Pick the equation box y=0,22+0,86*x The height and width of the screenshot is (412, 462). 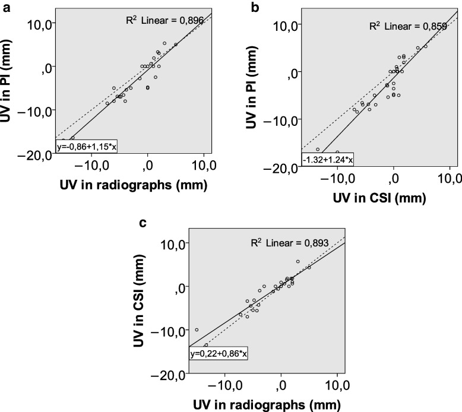pos(219,354)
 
